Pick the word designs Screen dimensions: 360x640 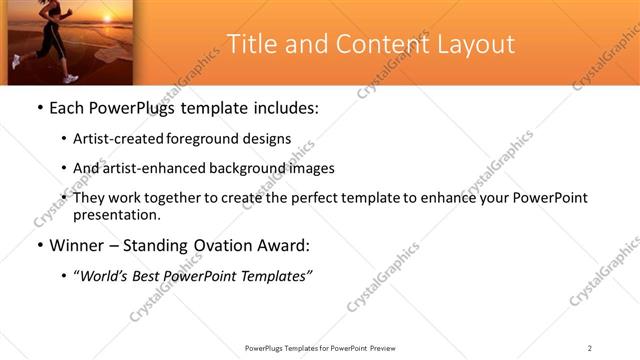point(269,139)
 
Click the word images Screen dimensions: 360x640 point(311,168)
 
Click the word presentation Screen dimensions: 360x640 point(115,215)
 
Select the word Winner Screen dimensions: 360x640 point(78,245)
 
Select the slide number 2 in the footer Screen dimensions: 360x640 point(590,348)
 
